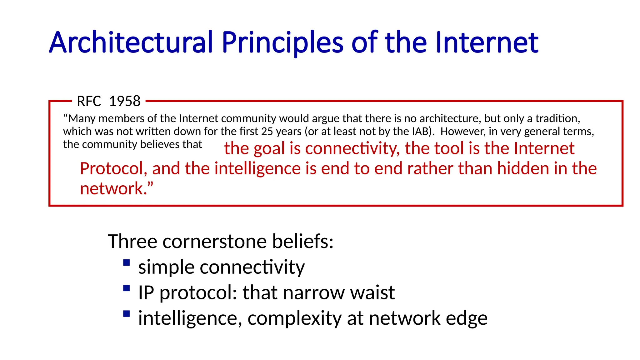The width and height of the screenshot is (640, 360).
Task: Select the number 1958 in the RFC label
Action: [125, 101]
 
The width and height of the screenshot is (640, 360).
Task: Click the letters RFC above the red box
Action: [89, 101]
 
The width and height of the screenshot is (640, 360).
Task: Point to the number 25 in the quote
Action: [267, 131]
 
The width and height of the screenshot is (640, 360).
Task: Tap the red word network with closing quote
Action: [116, 188]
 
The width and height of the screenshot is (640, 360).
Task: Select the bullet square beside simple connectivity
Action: [127, 262]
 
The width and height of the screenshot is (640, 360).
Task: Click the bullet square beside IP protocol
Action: [127, 288]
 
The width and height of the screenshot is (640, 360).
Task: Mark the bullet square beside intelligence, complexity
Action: [127, 314]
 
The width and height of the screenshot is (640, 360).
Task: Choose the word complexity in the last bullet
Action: [294, 318]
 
